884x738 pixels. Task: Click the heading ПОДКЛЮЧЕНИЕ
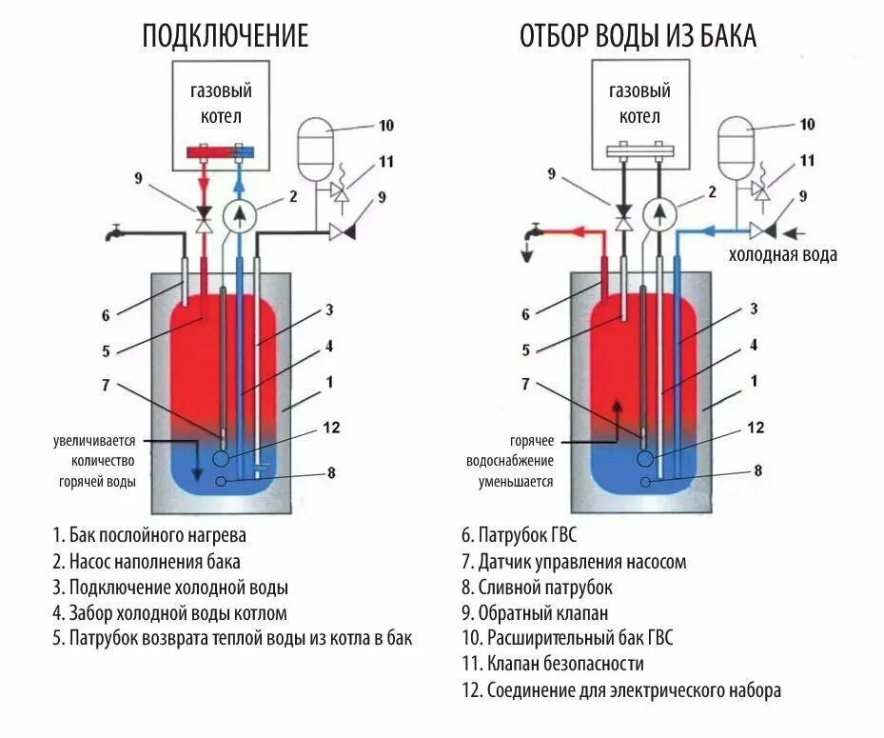226,36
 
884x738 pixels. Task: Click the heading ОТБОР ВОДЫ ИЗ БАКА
638,36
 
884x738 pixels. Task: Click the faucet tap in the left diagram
112,231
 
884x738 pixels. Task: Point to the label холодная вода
782,255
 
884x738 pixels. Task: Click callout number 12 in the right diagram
756,429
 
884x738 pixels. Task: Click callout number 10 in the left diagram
385,125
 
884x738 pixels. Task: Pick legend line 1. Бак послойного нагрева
149,535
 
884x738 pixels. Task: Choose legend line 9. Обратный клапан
538,613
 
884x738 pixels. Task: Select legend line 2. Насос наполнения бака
147,561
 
